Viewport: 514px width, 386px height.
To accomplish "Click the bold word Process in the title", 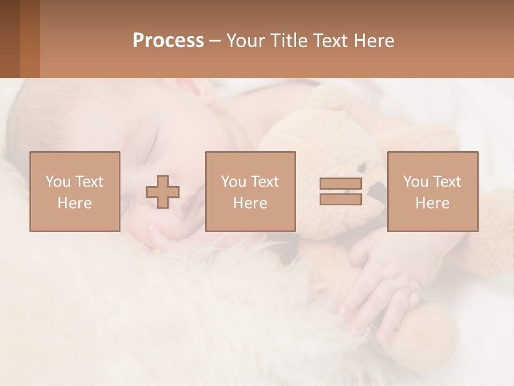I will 168,41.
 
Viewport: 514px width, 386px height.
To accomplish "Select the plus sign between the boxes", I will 163,192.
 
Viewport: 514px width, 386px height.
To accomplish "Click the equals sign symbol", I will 341,191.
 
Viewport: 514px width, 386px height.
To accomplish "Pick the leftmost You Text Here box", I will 75,191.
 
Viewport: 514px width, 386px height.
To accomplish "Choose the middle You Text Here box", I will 250,191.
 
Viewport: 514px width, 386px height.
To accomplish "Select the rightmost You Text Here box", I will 433,191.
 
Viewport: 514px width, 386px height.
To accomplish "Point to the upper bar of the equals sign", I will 341,184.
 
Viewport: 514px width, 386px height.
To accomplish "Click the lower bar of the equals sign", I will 341,199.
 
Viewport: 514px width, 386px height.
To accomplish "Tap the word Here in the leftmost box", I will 74,203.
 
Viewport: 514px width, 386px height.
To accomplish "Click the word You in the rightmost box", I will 415,182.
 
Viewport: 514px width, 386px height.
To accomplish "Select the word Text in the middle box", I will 265,182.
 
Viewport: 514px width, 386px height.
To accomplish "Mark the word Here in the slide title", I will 374,41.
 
